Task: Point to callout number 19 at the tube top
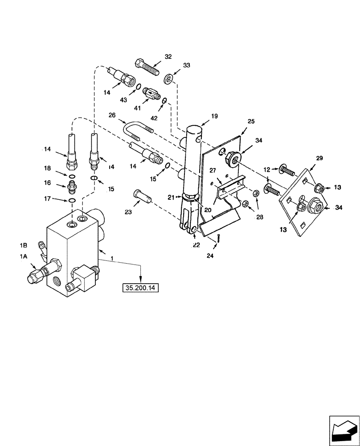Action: click(x=214, y=116)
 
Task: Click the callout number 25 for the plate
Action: click(x=250, y=121)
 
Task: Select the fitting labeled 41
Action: click(x=152, y=95)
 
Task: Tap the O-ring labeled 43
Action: click(x=139, y=87)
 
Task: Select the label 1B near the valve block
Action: click(x=24, y=245)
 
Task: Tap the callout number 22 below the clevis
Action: click(x=196, y=245)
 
